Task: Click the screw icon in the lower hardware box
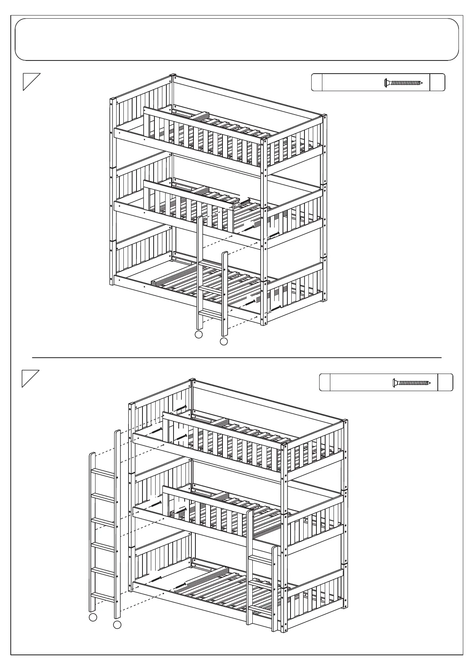[412, 383]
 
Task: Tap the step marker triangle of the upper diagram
[31, 81]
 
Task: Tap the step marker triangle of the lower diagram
[30, 378]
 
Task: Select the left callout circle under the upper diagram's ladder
[199, 335]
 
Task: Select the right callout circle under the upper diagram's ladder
[224, 341]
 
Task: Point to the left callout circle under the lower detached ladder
[92, 628]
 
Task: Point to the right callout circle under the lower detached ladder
[117, 636]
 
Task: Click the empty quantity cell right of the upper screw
[437, 83]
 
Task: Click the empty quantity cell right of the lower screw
[445, 383]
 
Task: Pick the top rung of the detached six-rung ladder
[103, 473]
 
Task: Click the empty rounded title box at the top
[237, 39]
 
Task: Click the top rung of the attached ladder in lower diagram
[261, 560]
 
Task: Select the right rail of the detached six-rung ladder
[117, 529]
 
